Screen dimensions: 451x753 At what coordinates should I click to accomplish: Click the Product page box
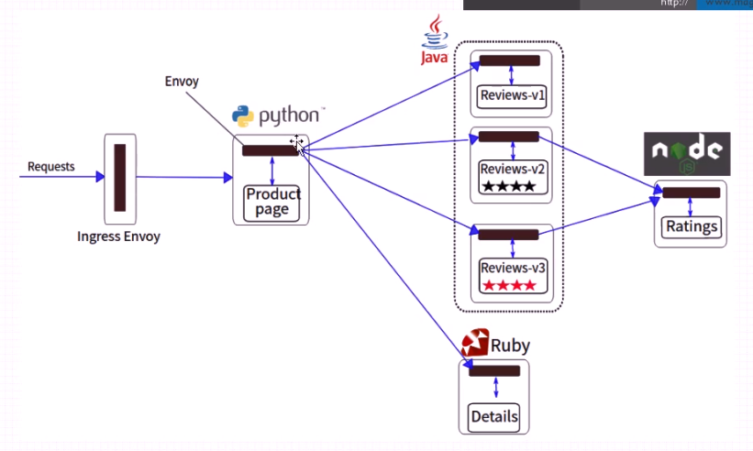272,202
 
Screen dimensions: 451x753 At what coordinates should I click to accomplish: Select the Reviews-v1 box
512,95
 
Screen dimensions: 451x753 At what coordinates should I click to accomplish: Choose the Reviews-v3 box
513,276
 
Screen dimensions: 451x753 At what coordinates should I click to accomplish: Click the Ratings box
692,226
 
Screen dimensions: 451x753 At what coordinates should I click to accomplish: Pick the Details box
494,416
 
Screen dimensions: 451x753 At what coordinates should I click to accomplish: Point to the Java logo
434,40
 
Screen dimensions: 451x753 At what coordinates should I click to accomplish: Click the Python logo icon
242,116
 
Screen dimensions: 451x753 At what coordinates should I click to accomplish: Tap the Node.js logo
687,153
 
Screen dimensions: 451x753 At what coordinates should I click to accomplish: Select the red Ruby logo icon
474,343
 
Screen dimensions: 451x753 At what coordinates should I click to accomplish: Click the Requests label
51,167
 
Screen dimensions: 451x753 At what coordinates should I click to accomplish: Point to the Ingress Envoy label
119,236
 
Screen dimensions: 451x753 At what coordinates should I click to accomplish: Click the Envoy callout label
182,82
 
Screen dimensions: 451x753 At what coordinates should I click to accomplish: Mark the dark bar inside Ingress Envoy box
119,178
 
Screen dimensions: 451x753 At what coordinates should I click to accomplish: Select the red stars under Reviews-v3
509,286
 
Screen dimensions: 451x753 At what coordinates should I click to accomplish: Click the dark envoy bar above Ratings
692,192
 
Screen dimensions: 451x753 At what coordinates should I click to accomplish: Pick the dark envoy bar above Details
494,370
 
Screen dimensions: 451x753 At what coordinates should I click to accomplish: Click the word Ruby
510,346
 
